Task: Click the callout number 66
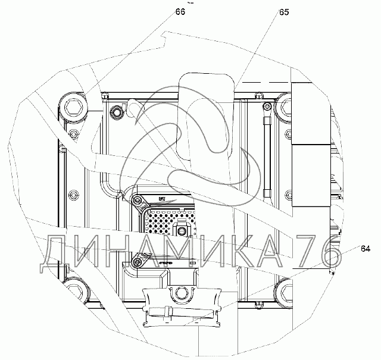click(x=180, y=11)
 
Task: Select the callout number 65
click(x=284, y=12)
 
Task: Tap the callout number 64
click(x=366, y=249)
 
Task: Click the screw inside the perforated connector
click(x=180, y=230)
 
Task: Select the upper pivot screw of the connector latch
click(x=138, y=200)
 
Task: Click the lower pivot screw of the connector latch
click(x=138, y=262)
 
